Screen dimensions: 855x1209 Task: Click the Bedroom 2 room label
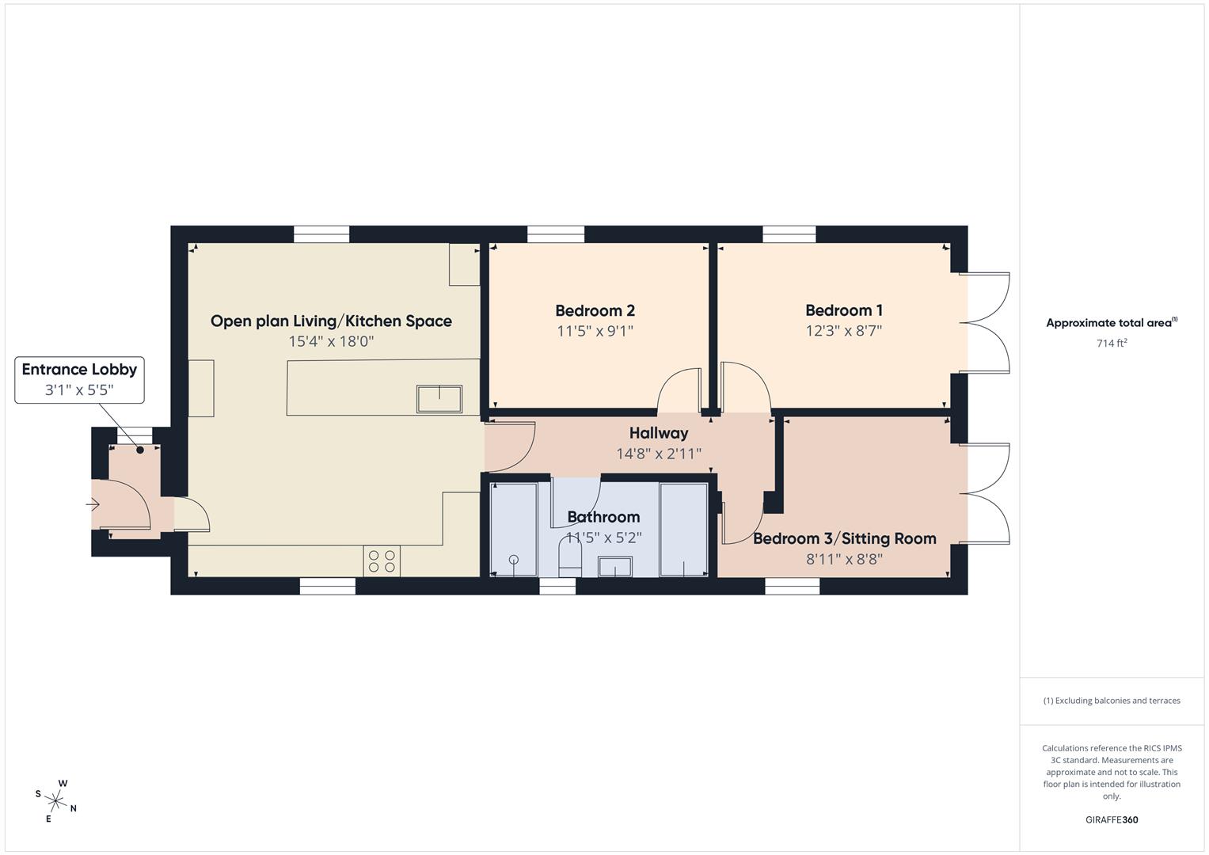click(595, 311)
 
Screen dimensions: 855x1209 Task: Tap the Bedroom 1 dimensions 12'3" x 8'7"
click(843, 331)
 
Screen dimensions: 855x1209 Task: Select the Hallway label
click(659, 433)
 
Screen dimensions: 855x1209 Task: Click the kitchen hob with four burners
click(382, 561)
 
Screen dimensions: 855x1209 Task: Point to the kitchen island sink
click(439, 398)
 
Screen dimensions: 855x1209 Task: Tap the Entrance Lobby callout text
click(79, 369)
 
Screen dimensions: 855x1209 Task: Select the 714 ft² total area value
click(1111, 344)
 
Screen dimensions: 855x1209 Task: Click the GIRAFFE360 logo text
click(1111, 820)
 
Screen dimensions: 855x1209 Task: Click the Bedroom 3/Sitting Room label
click(844, 539)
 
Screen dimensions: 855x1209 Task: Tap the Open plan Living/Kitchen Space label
click(331, 321)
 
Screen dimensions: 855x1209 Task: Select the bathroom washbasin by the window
click(614, 567)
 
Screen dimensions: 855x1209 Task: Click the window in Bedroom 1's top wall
click(789, 234)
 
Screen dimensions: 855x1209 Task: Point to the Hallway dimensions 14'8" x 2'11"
click(659, 454)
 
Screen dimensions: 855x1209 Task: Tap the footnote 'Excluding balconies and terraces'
click(1111, 701)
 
